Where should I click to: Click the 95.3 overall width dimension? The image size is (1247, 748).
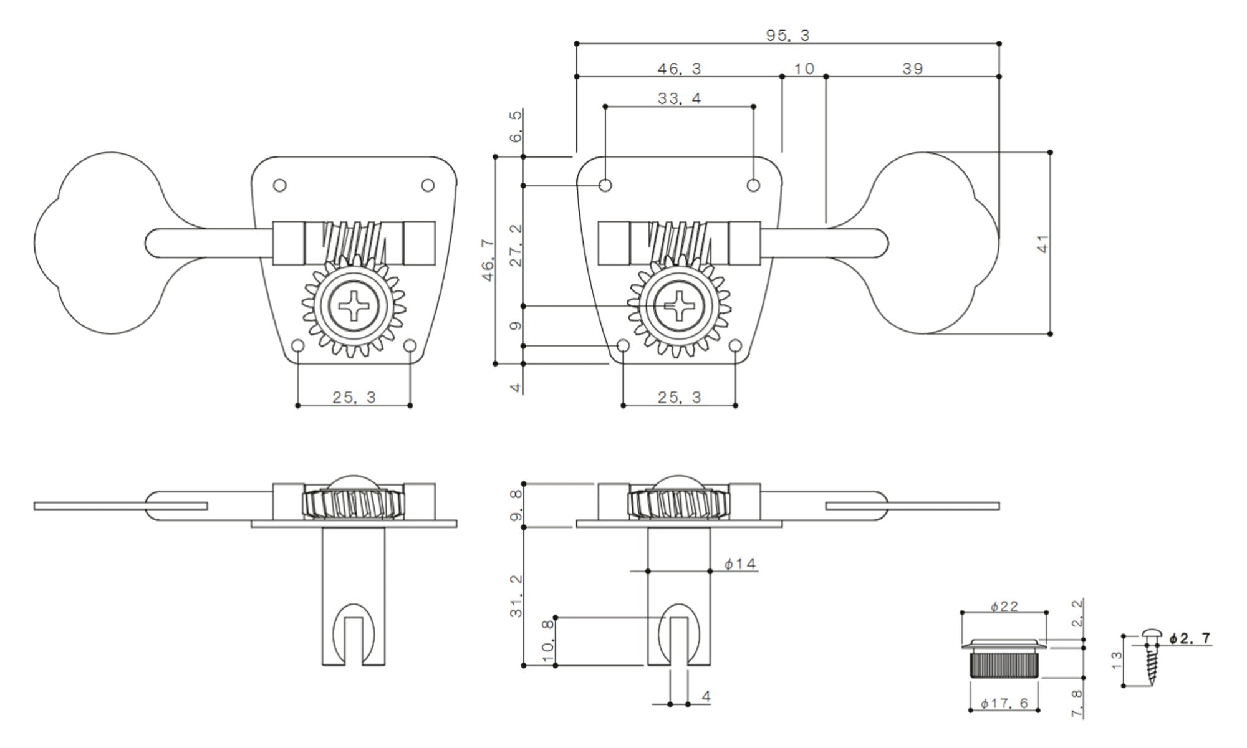[787, 36]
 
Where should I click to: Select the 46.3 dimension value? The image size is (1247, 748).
[679, 69]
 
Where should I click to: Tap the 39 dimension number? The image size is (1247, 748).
[912, 69]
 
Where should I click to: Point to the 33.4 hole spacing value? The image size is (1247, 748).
[679, 98]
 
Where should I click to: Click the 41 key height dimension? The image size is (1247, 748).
[1042, 243]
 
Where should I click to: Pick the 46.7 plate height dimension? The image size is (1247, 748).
[488, 261]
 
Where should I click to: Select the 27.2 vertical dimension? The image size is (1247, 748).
[516, 246]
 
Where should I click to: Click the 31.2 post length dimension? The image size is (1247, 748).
[516, 597]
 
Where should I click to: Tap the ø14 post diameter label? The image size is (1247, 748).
[740, 564]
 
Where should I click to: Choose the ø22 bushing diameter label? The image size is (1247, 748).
[1004, 606]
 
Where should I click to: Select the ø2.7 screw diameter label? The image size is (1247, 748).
[1190, 638]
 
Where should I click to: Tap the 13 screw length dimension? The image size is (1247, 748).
[1117, 659]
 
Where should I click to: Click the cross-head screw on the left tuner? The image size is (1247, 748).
[353, 306]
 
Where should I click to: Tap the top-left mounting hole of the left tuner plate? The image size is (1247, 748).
[280, 185]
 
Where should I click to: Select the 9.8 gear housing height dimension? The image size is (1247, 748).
[516, 505]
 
